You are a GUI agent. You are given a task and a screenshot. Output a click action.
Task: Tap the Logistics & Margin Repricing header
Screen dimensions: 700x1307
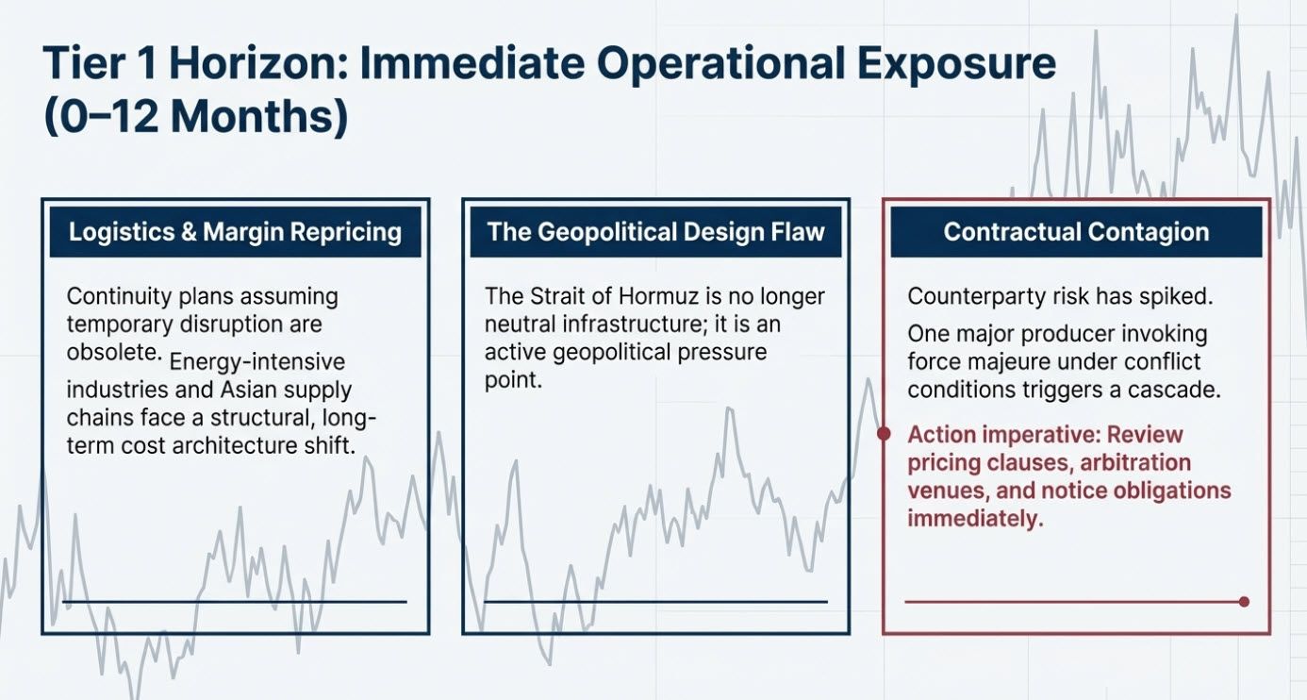pyautogui.click(x=236, y=232)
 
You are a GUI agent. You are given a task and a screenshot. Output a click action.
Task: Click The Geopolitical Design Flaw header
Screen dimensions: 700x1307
pyautogui.click(x=655, y=232)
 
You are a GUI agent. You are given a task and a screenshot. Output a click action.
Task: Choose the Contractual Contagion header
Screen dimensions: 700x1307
pyautogui.click(x=1076, y=232)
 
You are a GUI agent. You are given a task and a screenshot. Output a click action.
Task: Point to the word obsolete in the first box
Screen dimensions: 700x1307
pyautogui.click(x=111, y=352)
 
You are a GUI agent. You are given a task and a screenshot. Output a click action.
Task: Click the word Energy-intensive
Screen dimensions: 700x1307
pyautogui.click(x=257, y=362)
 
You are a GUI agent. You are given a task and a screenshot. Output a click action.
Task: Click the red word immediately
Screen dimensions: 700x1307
pyautogui.click(x=974, y=518)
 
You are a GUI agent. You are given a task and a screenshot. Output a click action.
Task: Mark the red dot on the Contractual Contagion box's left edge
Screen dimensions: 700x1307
pyautogui.click(x=884, y=434)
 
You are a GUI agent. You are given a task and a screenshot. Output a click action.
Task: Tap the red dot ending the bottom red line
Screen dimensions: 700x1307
pyautogui.click(x=1244, y=601)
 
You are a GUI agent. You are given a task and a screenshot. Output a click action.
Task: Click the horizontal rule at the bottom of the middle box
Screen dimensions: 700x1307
pyautogui.click(x=654, y=601)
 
